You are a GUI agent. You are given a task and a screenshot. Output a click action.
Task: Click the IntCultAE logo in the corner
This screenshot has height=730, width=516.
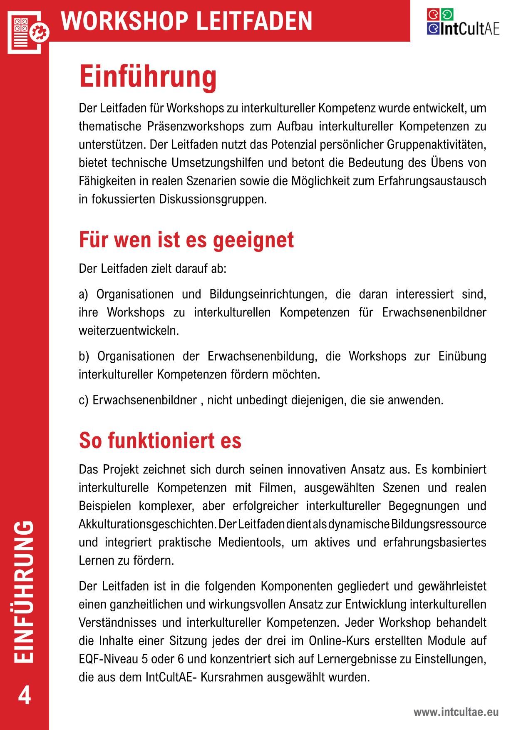tap(463, 22)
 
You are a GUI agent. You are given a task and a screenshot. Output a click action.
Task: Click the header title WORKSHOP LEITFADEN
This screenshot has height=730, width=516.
tap(187, 21)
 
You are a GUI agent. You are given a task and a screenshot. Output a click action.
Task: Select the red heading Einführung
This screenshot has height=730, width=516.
tap(148, 76)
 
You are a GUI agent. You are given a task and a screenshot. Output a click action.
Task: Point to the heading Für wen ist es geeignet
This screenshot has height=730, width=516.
tap(186, 240)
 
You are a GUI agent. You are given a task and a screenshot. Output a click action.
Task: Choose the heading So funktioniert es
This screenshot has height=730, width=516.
tap(160, 441)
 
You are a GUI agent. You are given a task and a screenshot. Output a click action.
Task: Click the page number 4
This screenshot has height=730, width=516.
tap(25, 695)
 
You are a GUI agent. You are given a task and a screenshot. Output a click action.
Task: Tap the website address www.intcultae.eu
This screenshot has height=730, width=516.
tap(456, 712)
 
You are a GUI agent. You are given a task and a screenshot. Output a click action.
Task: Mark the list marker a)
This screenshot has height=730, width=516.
tap(84, 294)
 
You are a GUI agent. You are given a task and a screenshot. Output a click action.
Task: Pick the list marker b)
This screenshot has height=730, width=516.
tap(84, 356)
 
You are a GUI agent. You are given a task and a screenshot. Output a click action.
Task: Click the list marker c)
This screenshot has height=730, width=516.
tap(84, 400)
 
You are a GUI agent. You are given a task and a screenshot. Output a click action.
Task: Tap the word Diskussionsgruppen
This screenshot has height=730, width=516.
tap(213, 199)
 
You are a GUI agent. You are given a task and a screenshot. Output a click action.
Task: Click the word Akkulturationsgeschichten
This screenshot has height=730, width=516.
tap(147, 524)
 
